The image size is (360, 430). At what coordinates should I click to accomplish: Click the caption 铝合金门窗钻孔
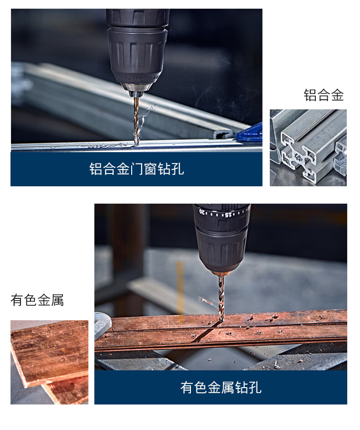[136, 169]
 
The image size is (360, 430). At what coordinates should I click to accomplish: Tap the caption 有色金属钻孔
[221, 388]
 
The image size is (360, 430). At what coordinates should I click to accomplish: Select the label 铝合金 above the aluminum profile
[324, 95]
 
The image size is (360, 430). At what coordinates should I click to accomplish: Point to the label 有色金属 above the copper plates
[37, 300]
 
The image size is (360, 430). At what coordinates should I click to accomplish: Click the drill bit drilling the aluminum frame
[136, 121]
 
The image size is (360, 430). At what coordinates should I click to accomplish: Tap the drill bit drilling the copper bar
[221, 297]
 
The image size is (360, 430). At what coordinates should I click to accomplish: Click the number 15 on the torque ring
[228, 215]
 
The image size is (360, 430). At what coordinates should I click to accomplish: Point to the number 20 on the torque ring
[202, 212]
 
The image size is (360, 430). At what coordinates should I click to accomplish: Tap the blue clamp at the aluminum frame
[250, 133]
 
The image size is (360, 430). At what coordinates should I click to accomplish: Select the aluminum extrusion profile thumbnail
[308, 148]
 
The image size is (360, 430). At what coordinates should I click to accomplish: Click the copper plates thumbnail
[49, 362]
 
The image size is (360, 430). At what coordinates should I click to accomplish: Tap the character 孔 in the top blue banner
[178, 169]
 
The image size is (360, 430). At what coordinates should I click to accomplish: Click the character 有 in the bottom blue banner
[187, 388]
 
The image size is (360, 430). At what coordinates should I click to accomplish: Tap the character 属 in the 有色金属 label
[57, 300]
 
